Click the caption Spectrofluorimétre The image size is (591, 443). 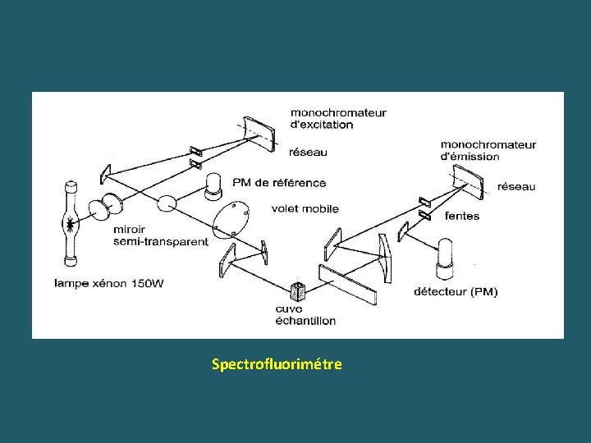pyautogui.click(x=276, y=363)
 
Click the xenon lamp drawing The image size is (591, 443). pyautogui.click(x=71, y=221)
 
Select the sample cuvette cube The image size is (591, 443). pyautogui.click(x=297, y=291)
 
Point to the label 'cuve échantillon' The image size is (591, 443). pyautogui.click(x=305, y=314)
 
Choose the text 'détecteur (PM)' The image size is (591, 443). pyautogui.click(x=456, y=291)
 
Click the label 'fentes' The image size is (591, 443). pyautogui.click(x=461, y=216)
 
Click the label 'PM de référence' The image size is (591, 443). pyautogui.click(x=279, y=183)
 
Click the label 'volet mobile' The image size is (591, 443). pyautogui.click(x=305, y=208)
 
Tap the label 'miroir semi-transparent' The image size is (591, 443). pyautogui.click(x=161, y=235)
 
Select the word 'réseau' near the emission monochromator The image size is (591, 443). pyautogui.click(x=516, y=186)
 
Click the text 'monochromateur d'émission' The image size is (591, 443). pyautogui.click(x=488, y=150)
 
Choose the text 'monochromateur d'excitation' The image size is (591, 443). pyautogui.click(x=337, y=118)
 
